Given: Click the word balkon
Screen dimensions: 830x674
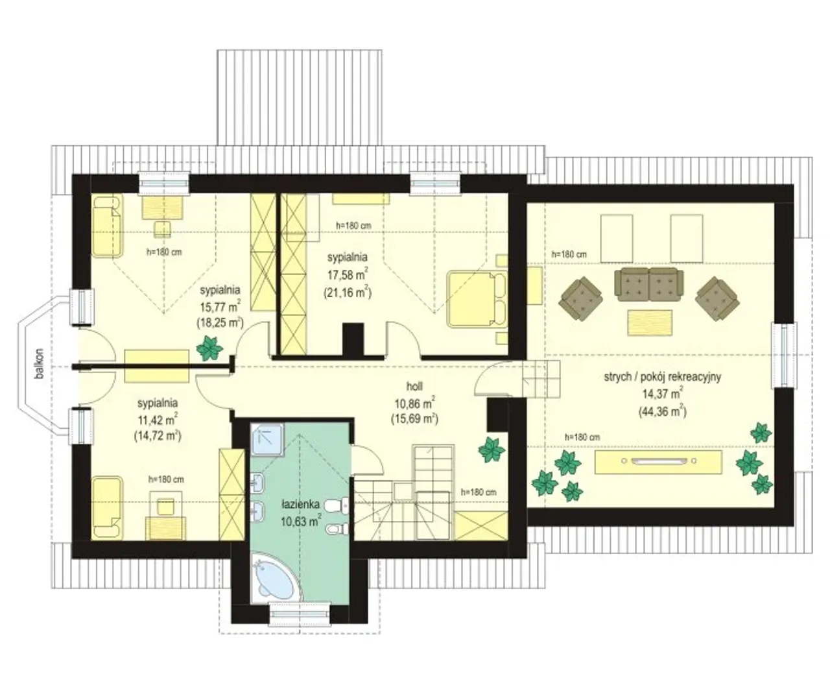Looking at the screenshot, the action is (x=40, y=364).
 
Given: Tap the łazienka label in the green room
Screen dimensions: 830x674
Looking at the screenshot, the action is (x=301, y=504).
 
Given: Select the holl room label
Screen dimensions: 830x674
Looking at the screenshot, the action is (x=414, y=387).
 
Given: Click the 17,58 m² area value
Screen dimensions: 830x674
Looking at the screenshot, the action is (x=348, y=275).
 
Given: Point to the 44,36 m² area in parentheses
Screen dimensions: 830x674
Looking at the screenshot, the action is (x=663, y=412).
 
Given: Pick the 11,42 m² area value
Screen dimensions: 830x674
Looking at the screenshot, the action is (x=158, y=420).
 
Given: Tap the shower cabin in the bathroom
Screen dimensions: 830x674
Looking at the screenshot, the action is (x=267, y=440).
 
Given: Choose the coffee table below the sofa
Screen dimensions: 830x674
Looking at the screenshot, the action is (x=650, y=323).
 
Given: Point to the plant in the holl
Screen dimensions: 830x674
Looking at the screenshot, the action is (x=492, y=450).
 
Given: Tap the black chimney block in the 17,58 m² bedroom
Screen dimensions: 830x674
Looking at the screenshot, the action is (x=353, y=340).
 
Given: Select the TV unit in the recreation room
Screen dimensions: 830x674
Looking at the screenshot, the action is (x=658, y=462).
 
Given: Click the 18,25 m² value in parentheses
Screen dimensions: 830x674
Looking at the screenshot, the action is (x=220, y=322).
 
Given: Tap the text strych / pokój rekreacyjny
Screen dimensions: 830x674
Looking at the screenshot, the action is (x=663, y=376).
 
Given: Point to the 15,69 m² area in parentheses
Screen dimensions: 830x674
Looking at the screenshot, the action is (x=414, y=418).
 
